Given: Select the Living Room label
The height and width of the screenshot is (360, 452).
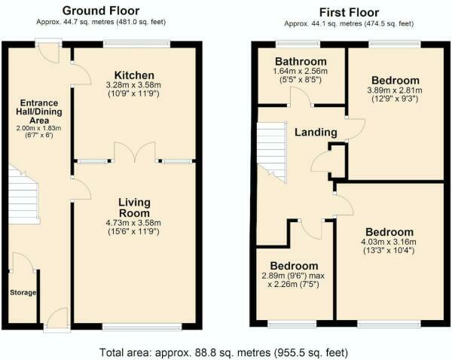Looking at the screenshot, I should (135, 208).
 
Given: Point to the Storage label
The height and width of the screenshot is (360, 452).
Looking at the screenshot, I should (23, 292).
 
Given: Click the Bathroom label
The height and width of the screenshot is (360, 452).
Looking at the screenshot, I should (301, 61).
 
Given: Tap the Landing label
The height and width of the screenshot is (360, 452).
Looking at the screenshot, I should (316, 132).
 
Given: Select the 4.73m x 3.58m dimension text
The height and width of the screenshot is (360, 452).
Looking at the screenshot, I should (135, 224).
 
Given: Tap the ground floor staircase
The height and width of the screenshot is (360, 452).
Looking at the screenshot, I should (23, 195).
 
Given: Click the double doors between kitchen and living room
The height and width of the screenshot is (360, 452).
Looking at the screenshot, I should (135, 154).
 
